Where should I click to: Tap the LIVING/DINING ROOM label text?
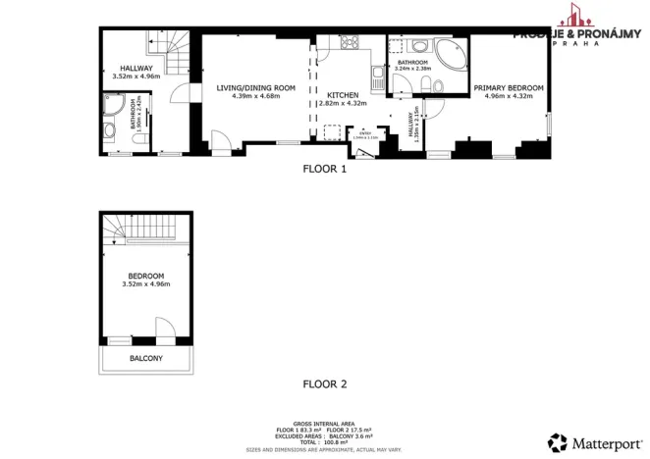[x=255, y=88]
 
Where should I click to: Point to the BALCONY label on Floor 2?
[x=146, y=359]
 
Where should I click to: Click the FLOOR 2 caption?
[x=324, y=383]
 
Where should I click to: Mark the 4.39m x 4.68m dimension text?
[x=255, y=96]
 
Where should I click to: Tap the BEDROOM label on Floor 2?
[x=146, y=277]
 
